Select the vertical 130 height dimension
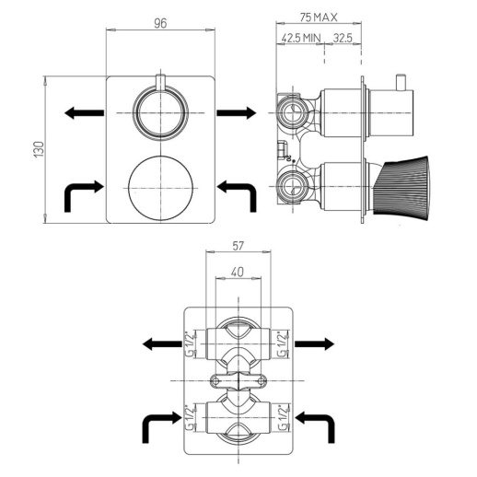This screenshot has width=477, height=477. [x=40, y=150]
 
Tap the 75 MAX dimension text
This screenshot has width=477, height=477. [x=319, y=17]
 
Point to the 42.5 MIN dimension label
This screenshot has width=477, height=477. [x=302, y=39]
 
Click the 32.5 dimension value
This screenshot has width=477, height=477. [x=345, y=39]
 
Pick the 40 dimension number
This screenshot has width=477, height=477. [x=238, y=273]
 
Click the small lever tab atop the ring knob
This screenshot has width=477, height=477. [x=161, y=82]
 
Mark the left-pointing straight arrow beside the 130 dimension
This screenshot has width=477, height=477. [x=84, y=112]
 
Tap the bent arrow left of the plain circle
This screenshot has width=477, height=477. [x=82, y=193]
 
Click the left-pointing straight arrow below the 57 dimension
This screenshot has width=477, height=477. [x=161, y=343]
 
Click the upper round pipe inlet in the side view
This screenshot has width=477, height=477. [x=291, y=112]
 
